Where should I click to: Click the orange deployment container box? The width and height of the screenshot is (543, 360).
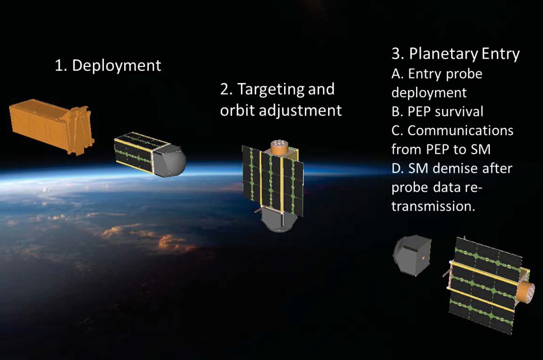click(x=51, y=126)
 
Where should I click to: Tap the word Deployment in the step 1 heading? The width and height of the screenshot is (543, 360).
click(x=116, y=66)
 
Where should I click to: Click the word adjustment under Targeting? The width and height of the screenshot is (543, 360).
click(x=300, y=111)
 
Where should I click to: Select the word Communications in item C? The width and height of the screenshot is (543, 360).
click(x=460, y=130)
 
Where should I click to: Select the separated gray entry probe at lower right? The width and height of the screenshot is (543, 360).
click(x=412, y=255)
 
